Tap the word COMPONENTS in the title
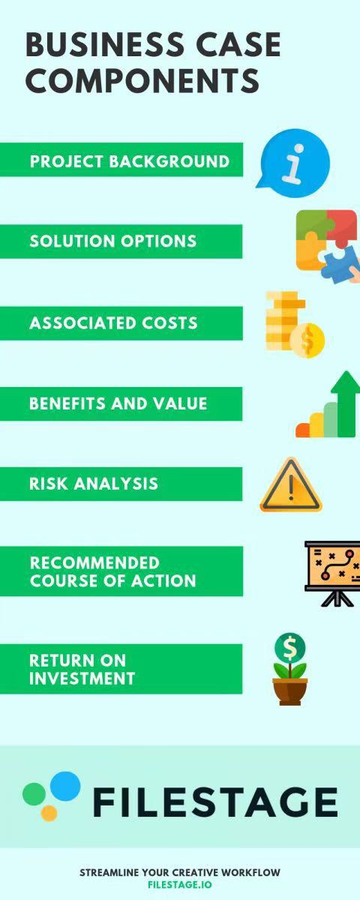click(142, 80)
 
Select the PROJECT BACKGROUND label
click(129, 161)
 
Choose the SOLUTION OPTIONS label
click(113, 241)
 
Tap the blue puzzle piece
click(338, 264)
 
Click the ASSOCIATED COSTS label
click(113, 322)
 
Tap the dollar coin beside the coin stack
click(307, 340)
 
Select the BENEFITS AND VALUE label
click(118, 403)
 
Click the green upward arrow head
click(346, 382)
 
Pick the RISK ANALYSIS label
click(94, 483)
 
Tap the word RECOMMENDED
click(94, 562)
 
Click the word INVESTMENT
click(82, 678)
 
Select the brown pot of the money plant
click(289, 691)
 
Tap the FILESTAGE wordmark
click(215, 802)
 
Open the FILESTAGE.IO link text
click(179, 884)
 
